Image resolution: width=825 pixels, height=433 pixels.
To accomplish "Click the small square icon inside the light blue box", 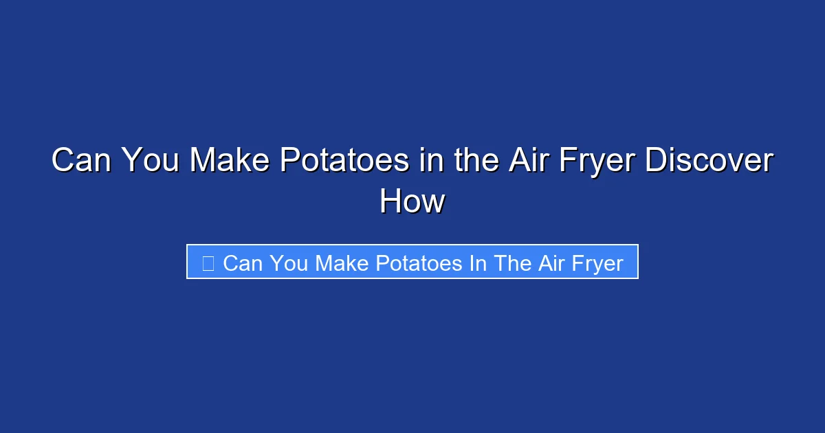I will point(208,263).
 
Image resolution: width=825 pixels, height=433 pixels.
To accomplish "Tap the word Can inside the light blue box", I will point(243,263).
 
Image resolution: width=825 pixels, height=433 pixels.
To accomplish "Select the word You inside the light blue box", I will point(288,263).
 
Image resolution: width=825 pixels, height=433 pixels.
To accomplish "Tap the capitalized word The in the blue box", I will point(511,263).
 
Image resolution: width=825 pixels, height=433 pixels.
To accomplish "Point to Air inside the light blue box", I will point(551,263).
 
